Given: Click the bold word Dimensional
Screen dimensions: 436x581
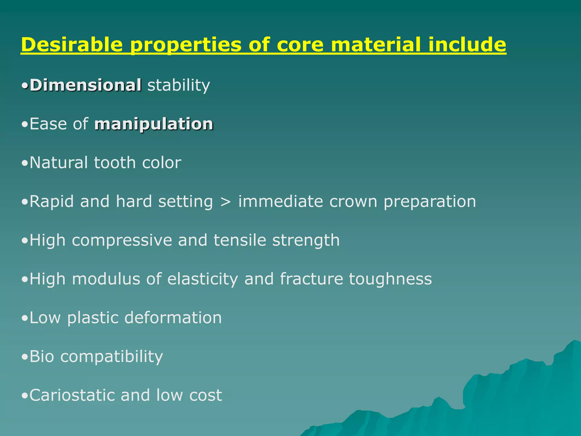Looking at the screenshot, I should point(85,85).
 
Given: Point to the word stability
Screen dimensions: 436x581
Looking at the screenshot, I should point(179,85).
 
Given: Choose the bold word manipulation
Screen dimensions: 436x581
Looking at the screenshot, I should point(153,124).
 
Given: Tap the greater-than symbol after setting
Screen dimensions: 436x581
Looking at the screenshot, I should point(226,202).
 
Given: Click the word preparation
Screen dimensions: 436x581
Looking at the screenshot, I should point(430,201).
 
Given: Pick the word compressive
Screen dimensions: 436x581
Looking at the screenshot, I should point(122,240).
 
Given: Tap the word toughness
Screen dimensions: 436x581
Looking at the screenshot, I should point(390,279).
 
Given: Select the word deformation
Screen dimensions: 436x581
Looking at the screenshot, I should point(173,317).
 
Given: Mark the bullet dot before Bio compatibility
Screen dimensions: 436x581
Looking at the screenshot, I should point(25,357).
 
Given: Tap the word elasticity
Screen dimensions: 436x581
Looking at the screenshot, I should point(203,279).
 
